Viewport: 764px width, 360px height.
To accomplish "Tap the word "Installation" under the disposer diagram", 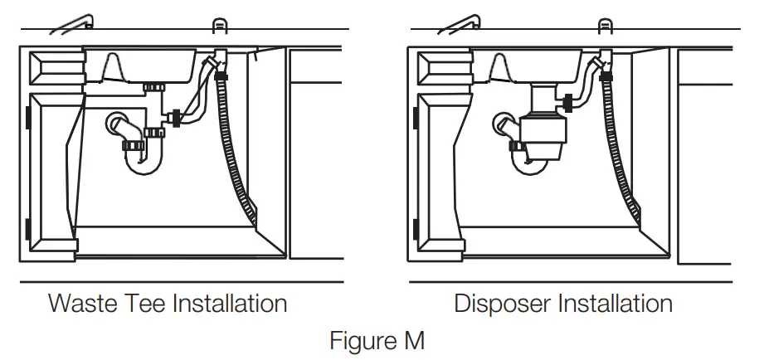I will pos(618,303).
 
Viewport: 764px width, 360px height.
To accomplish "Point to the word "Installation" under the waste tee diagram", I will pos(228,303).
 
